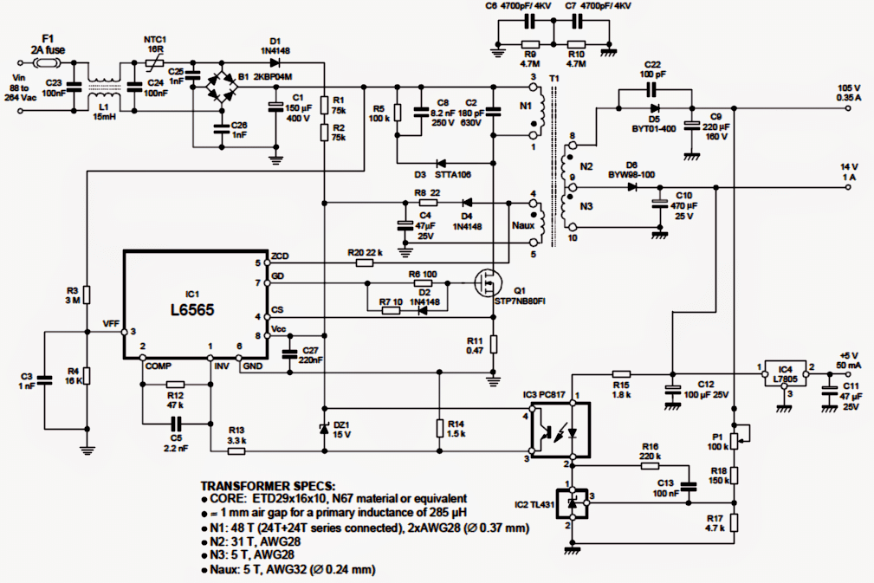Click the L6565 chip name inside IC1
(192, 310)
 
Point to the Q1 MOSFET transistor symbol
(487, 282)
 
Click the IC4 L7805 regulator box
(785, 374)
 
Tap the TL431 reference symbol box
(573, 503)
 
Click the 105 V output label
(848, 88)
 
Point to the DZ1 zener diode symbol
(325, 428)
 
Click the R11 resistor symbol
(493, 345)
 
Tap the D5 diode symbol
(654, 107)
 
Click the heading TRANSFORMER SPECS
(268, 486)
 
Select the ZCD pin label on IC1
(280, 256)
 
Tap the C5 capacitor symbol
(176, 423)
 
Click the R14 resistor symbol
(439, 429)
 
